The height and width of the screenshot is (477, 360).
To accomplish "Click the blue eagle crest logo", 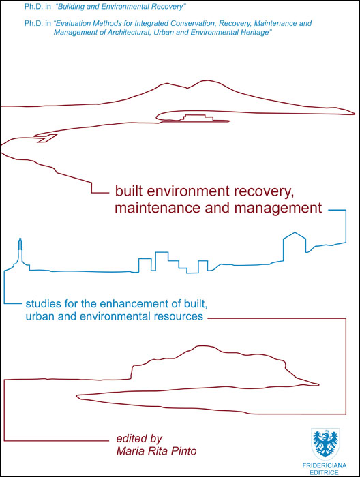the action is [325, 444].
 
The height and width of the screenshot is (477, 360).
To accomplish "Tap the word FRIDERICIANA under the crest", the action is [325, 465].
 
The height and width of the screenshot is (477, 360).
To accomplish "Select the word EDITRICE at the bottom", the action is [324, 473].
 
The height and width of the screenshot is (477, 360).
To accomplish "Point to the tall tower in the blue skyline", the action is [20, 252].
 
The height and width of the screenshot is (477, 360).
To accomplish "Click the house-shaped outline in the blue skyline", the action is [295, 247].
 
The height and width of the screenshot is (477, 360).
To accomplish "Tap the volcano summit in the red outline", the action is [207, 81].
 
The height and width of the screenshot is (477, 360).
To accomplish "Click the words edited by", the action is [139, 439].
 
